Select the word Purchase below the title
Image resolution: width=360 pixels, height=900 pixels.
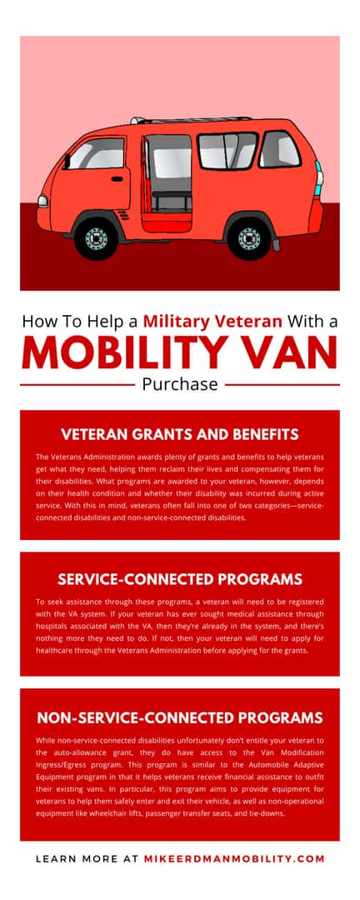coord(179,385)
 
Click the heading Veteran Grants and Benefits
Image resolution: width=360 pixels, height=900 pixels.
coord(179,434)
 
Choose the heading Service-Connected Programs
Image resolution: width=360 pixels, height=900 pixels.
coord(179,578)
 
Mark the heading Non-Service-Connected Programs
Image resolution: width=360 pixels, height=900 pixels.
coord(179,717)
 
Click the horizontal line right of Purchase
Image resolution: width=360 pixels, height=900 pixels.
coord(282,385)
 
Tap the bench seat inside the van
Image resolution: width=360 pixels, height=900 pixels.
coord(171,197)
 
